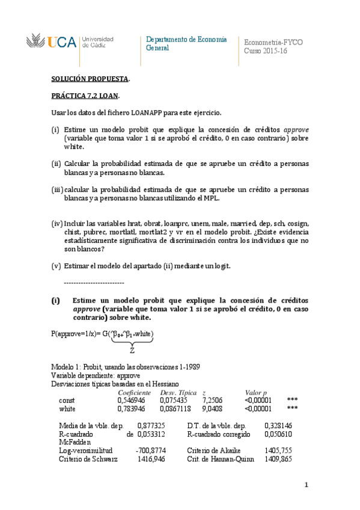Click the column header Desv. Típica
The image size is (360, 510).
[177, 392]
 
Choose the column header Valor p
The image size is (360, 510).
[256, 392]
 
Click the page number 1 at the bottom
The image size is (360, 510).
[306, 485]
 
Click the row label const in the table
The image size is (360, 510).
[67, 399]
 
